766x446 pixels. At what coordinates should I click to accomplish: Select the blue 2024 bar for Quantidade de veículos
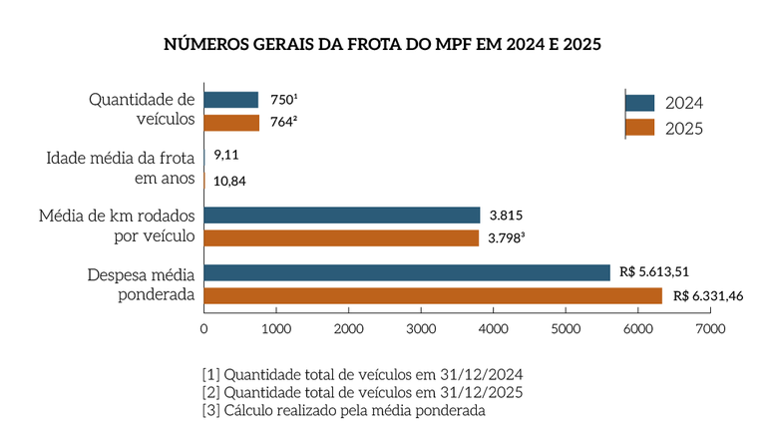231,100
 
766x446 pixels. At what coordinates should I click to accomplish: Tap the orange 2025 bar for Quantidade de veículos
231,123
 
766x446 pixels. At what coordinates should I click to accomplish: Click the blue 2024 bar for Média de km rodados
342,215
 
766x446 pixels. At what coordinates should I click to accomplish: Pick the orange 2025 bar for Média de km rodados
341,237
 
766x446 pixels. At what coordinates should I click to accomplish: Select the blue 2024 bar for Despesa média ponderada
407,272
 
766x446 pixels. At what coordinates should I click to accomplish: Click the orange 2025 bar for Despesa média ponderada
433,295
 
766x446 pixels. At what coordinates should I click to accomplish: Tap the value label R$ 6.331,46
708,295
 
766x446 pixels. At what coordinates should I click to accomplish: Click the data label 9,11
226,157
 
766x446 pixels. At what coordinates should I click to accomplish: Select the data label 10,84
230,181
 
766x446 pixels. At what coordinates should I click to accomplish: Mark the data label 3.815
506,215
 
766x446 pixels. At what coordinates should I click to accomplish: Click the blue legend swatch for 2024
639,103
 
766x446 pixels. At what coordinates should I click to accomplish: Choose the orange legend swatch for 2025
639,128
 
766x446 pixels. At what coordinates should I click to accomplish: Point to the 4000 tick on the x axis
494,326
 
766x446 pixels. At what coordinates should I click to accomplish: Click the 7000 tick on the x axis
710,326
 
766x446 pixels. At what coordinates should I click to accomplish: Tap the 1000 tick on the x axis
276,326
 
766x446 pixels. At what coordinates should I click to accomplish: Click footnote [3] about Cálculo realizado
343,410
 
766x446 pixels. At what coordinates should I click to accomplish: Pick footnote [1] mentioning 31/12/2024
362,374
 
